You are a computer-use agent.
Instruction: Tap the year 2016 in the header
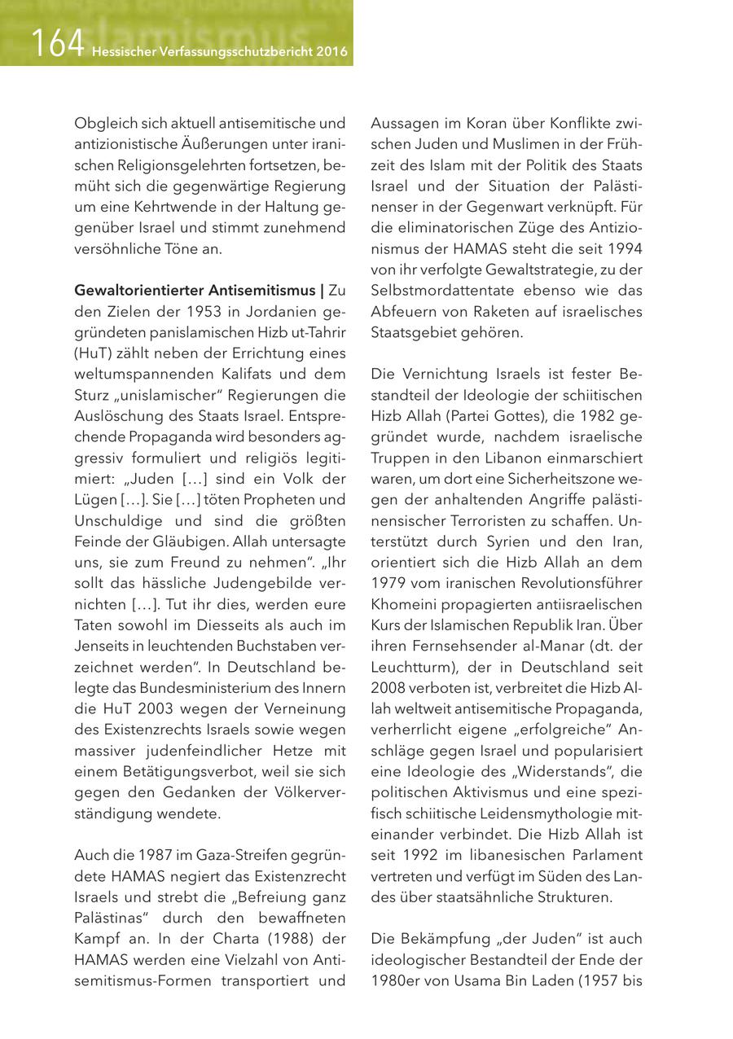[x=332, y=52]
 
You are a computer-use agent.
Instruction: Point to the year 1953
[x=208, y=311]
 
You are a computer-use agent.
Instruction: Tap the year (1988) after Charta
[x=285, y=939]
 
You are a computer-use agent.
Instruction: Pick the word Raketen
[x=503, y=312]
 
